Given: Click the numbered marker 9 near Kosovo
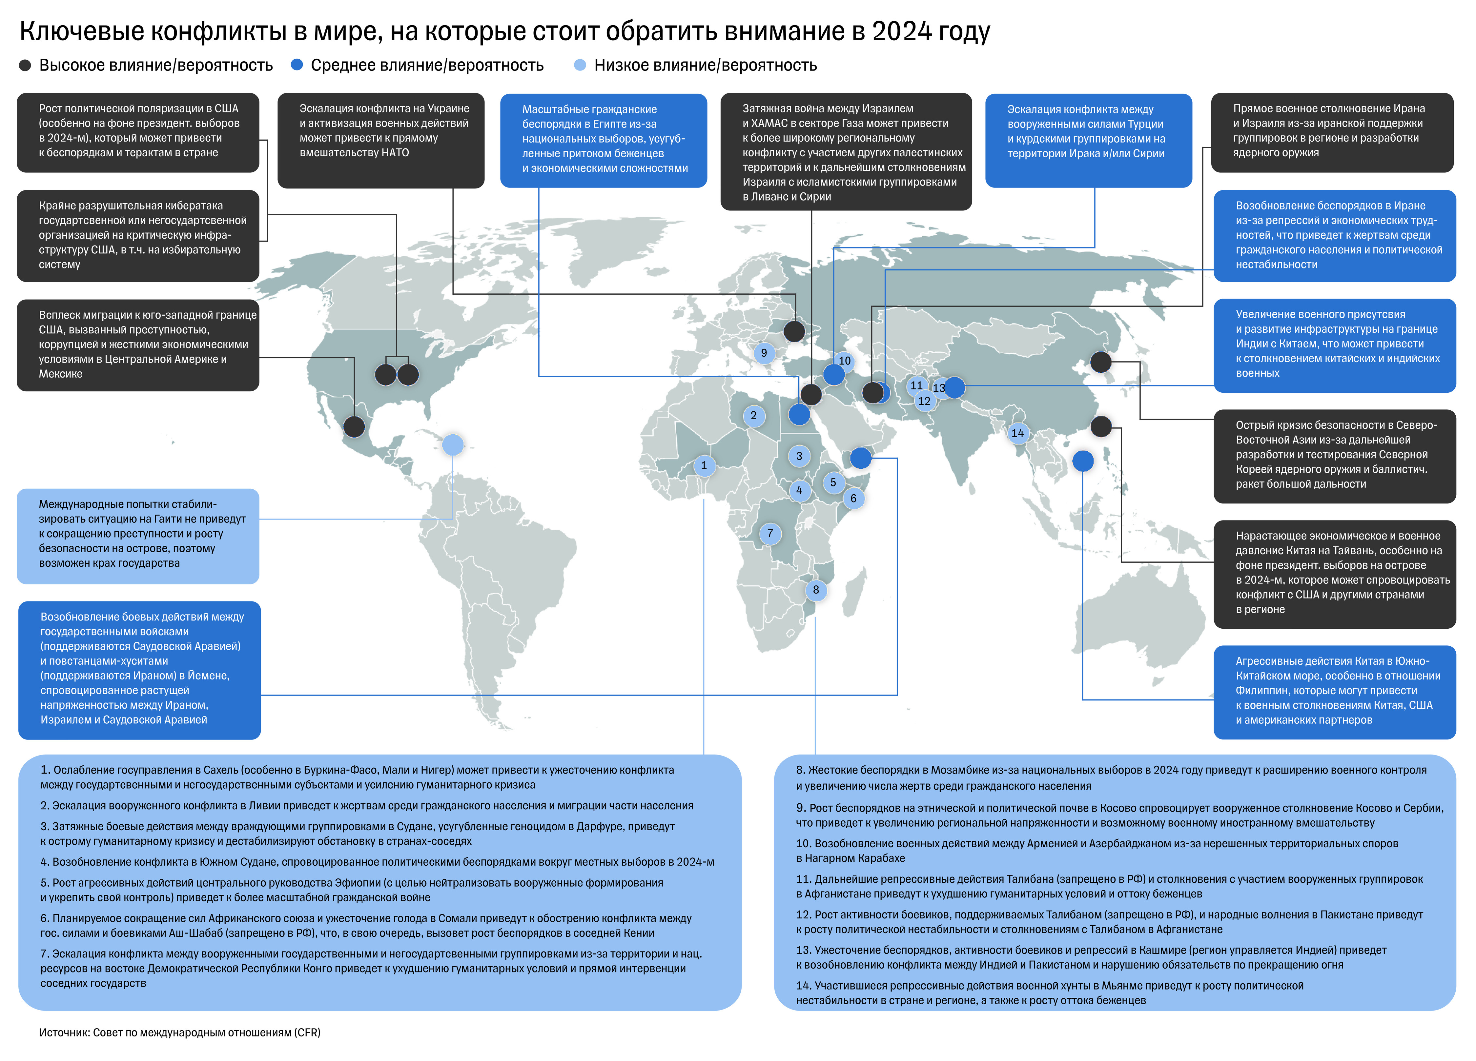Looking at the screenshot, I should point(764,353).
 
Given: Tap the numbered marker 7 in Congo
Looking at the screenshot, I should point(770,533).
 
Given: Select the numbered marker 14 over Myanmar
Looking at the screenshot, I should point(1017,433).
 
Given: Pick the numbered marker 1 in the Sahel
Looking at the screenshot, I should point(704,466).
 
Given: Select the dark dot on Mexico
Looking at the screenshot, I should point(354,427).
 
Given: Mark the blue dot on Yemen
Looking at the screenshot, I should point(860,458).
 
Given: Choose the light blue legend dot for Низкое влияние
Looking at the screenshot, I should point(580,65).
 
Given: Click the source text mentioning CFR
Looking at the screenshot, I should point(180,1032).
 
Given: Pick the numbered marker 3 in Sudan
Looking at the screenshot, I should point(799,456).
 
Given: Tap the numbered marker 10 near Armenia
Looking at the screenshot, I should point(844,361).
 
